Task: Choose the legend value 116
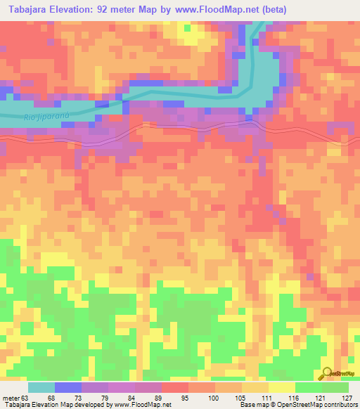click(292, 398)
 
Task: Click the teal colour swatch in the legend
click(41, 387)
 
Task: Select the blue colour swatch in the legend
click(67, 387)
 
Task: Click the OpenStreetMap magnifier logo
click(328, 372)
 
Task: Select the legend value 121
click(319, 398)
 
